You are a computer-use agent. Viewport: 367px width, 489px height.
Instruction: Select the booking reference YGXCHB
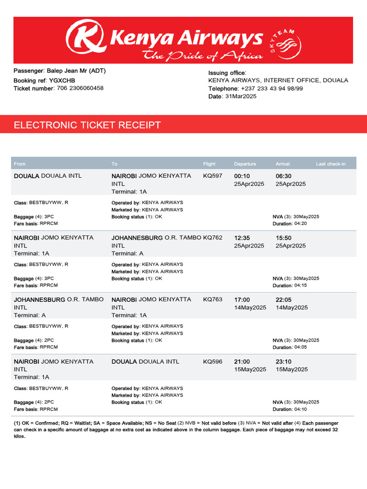click(62, 80)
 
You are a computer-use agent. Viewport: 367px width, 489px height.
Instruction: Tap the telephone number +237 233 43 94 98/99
click(271, 88)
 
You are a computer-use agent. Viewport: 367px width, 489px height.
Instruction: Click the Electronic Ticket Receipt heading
click(87, 126)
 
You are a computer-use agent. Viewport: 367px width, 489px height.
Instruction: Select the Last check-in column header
click(331, 164)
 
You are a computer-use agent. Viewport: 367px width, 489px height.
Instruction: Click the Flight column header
click(209, 164)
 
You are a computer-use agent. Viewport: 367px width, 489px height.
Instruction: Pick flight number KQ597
click(213, 176)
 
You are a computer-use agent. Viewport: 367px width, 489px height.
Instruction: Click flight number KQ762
click(213, 238)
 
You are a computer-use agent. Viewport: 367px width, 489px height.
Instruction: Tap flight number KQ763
click(213, 300)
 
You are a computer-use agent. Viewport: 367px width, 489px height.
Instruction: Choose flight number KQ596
click(213, 362)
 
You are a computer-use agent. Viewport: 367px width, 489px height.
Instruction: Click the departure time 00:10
click(242, 176)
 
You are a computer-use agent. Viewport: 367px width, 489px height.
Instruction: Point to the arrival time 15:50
click(283, 238)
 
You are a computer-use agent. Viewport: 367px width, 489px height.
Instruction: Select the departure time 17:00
click(242, 300)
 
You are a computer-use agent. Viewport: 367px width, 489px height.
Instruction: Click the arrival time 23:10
click(283, 362)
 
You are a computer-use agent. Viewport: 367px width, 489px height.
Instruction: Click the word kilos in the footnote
click(20, 436)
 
